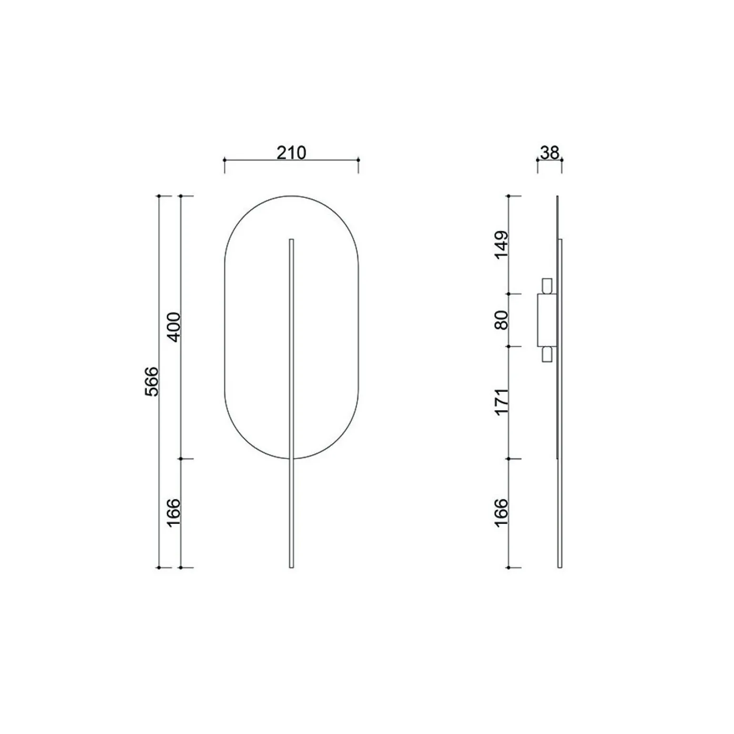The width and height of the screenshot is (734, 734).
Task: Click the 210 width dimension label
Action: coord(291,153)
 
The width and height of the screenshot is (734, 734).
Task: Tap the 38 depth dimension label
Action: coord(550,153)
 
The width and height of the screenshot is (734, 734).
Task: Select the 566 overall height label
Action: coord(151,381)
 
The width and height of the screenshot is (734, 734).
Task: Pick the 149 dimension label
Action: coord(502,245)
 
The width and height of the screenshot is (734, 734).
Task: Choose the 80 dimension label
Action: coord(502,320)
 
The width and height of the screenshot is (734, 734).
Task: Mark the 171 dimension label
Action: coord(502,402)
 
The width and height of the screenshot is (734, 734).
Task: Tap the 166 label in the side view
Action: coord(502,513)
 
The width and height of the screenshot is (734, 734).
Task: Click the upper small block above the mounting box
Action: coord(547,286)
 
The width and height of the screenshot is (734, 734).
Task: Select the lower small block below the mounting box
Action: coord(547,354)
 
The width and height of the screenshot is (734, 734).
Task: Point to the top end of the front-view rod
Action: coord(292,240)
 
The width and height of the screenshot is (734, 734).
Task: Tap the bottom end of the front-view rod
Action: coord(292,567)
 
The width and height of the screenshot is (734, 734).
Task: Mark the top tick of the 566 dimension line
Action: coord(159,196)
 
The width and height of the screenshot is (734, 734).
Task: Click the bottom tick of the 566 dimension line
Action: coord(159,567)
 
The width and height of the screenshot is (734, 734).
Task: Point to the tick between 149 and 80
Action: coord(509,294)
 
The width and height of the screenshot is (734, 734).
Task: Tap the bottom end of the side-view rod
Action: coord(560,567)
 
